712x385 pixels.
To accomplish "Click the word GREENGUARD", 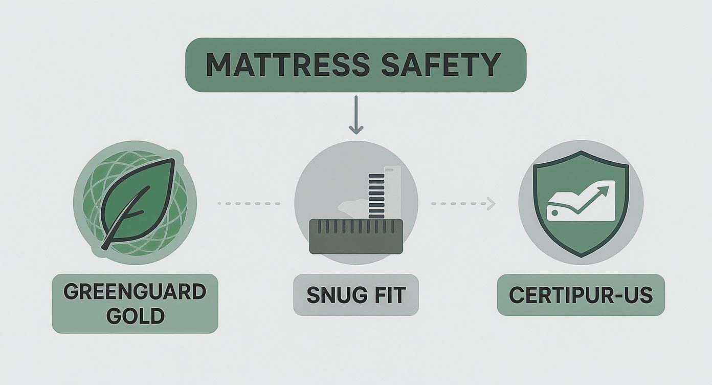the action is coord(135,292).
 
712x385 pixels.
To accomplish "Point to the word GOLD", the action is coord(135,316).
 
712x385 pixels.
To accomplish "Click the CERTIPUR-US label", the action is coord(581,295).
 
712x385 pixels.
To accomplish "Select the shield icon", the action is coord(581,202).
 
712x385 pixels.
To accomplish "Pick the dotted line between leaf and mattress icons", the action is coord(249,204).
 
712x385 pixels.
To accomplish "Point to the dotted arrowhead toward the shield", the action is coord(492,204).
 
